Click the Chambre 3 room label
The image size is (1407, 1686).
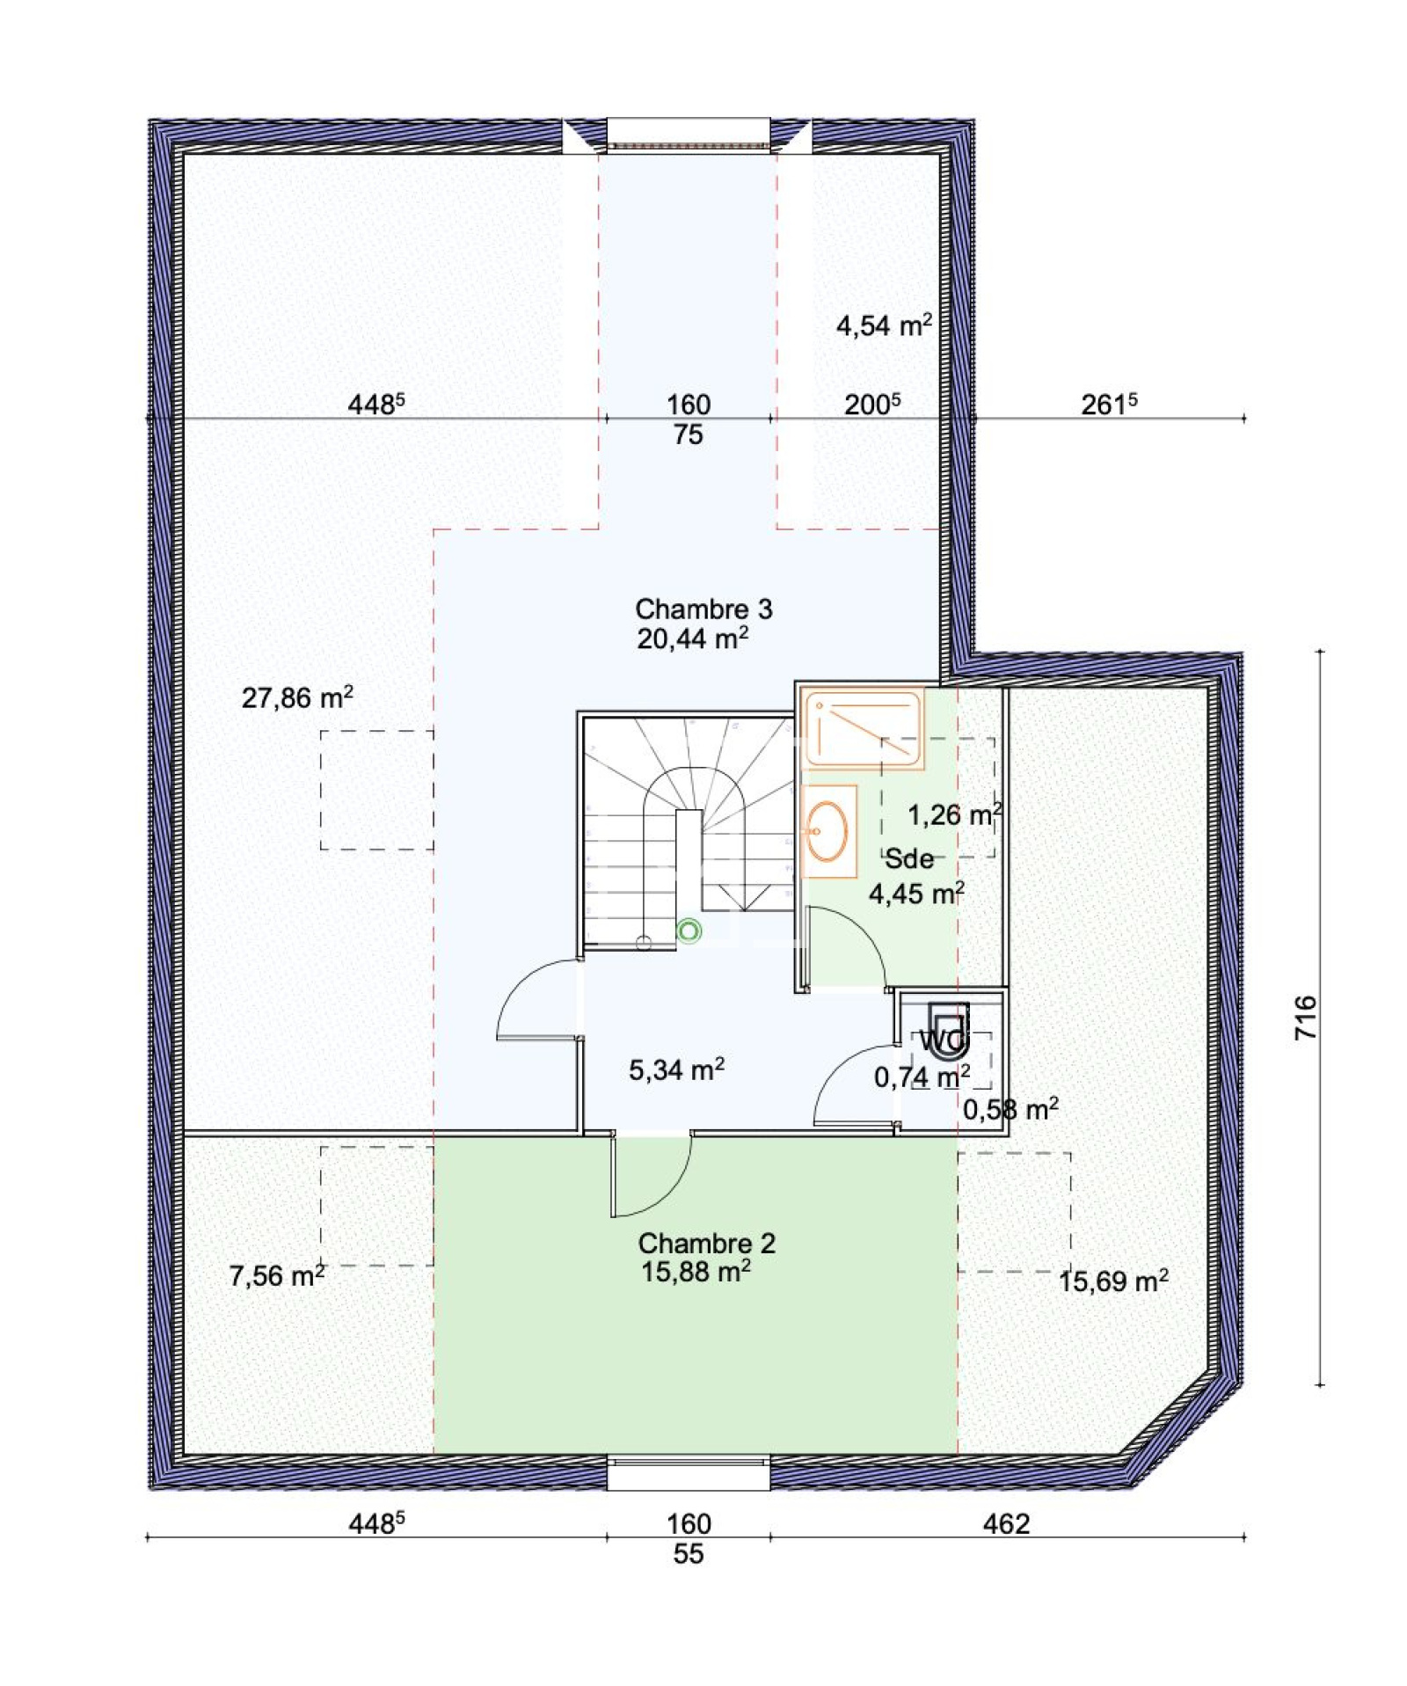click(703, 609)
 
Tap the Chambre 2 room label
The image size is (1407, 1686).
click(706, 1243)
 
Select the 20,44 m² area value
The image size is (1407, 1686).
click(693, 638)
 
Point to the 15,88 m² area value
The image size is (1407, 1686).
click(696, 1271)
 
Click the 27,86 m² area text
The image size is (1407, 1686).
click(297, 697)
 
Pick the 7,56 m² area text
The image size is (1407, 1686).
click(277, 1274)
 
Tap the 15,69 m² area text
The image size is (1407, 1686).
click(1113, 1281)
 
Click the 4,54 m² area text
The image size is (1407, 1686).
click(884, 325)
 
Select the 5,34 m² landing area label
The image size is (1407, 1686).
click(676, 1069)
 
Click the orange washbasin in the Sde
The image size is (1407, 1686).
click(827, 830)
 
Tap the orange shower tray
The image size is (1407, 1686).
click(861, 729)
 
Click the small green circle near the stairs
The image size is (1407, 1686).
click(689, 931)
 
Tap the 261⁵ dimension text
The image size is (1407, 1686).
click(1109, 404)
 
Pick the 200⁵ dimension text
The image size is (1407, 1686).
click(872, 404)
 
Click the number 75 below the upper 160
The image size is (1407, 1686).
click(689, 434)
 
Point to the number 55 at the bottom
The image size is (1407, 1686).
click(689, 1554)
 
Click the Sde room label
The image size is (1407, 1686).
click(908, 858)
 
